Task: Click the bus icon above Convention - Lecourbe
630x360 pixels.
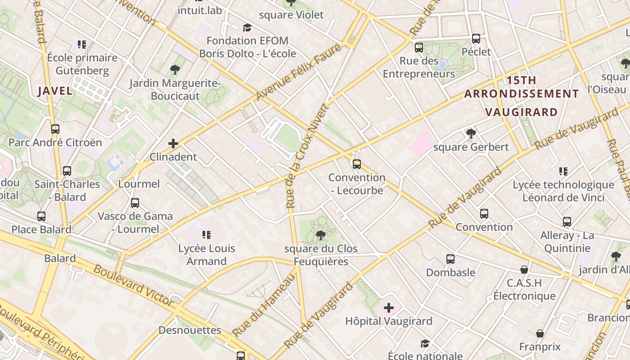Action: [357, 164]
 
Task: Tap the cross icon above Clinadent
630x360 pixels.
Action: [173, 144]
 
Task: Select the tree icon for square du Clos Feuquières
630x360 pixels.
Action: [321, 235]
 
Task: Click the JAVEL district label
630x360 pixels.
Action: [55, 91]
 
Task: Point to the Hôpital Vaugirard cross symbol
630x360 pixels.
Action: [389, 308]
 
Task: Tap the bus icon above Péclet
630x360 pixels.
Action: [476, 39]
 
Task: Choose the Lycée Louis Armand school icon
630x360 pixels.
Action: [207, 234]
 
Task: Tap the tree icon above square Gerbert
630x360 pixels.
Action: [471, 133]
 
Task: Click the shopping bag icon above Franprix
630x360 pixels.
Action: [540, 333]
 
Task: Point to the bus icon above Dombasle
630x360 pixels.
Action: [450, 259]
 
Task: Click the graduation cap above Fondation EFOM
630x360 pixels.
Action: [247, 28]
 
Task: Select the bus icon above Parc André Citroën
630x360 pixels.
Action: [55, 129]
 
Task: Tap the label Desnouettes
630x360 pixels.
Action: [190, 330]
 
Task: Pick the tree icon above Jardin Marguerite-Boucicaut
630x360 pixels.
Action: [175, 70]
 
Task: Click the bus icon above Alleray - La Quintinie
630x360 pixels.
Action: [567, 222]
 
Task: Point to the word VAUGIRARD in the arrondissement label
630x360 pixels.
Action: [521, 112]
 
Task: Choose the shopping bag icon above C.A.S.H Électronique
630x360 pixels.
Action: [524, 270]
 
